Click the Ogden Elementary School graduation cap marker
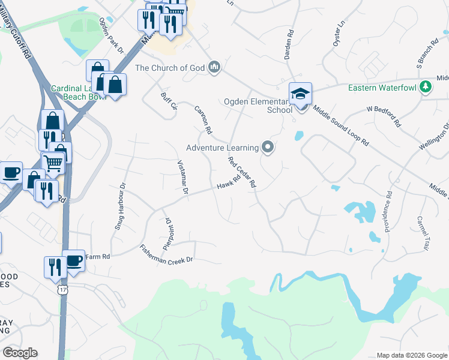pyautogui.click(x=301, y=94)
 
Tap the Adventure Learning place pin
pyautogui.click(x=268, y=147)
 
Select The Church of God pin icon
pyautogui.click(x=214, y=68)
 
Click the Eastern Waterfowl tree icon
pyautogui.click(x=426, y=88)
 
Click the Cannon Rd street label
pyautogui.click(x=203, y=119)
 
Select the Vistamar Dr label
pyautogui.click(x=183, y=178)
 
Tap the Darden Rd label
pyautogui.click(x=290, y=46)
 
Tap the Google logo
pyautogui.click(x=20, y=353)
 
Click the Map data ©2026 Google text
pyautogui.click(x=411, y=355)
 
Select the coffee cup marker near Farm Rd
pyautogui.click(x=74, y=260)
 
